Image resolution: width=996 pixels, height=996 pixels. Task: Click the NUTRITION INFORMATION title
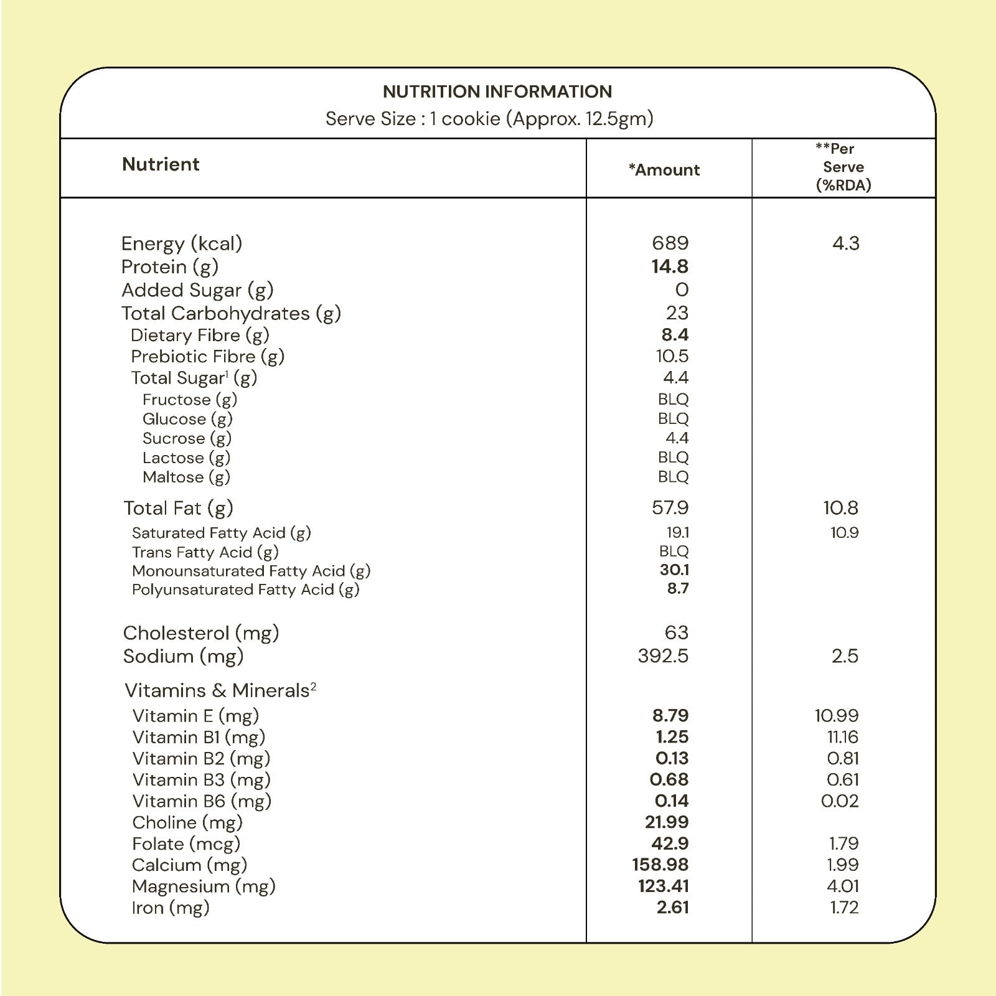497,92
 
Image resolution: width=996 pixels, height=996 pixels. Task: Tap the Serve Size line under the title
489,118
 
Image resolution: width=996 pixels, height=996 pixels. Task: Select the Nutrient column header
161,164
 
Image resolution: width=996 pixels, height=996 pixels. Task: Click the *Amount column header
664,170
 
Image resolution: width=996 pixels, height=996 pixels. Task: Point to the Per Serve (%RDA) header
843,167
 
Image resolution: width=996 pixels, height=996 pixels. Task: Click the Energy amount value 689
670,243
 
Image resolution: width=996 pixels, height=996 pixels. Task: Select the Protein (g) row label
170,266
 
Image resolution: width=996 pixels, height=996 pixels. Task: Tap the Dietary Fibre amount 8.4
675,335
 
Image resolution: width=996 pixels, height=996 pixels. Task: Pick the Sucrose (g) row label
187,438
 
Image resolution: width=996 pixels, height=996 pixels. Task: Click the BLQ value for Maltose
674,477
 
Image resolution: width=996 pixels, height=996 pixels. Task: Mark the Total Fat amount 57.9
670,507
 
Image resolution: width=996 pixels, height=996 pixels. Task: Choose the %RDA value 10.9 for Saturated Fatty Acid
845,532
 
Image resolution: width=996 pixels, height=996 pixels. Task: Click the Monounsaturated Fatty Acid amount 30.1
674,570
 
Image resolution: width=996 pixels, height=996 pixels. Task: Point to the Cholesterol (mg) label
201,632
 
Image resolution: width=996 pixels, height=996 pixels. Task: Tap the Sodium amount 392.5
663,655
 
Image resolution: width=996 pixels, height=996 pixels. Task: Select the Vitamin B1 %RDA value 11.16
843,737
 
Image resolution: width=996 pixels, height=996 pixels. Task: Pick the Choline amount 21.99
667,822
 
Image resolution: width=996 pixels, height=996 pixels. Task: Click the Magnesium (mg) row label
204,886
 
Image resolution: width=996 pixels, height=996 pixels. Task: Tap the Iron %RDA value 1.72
845,907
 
